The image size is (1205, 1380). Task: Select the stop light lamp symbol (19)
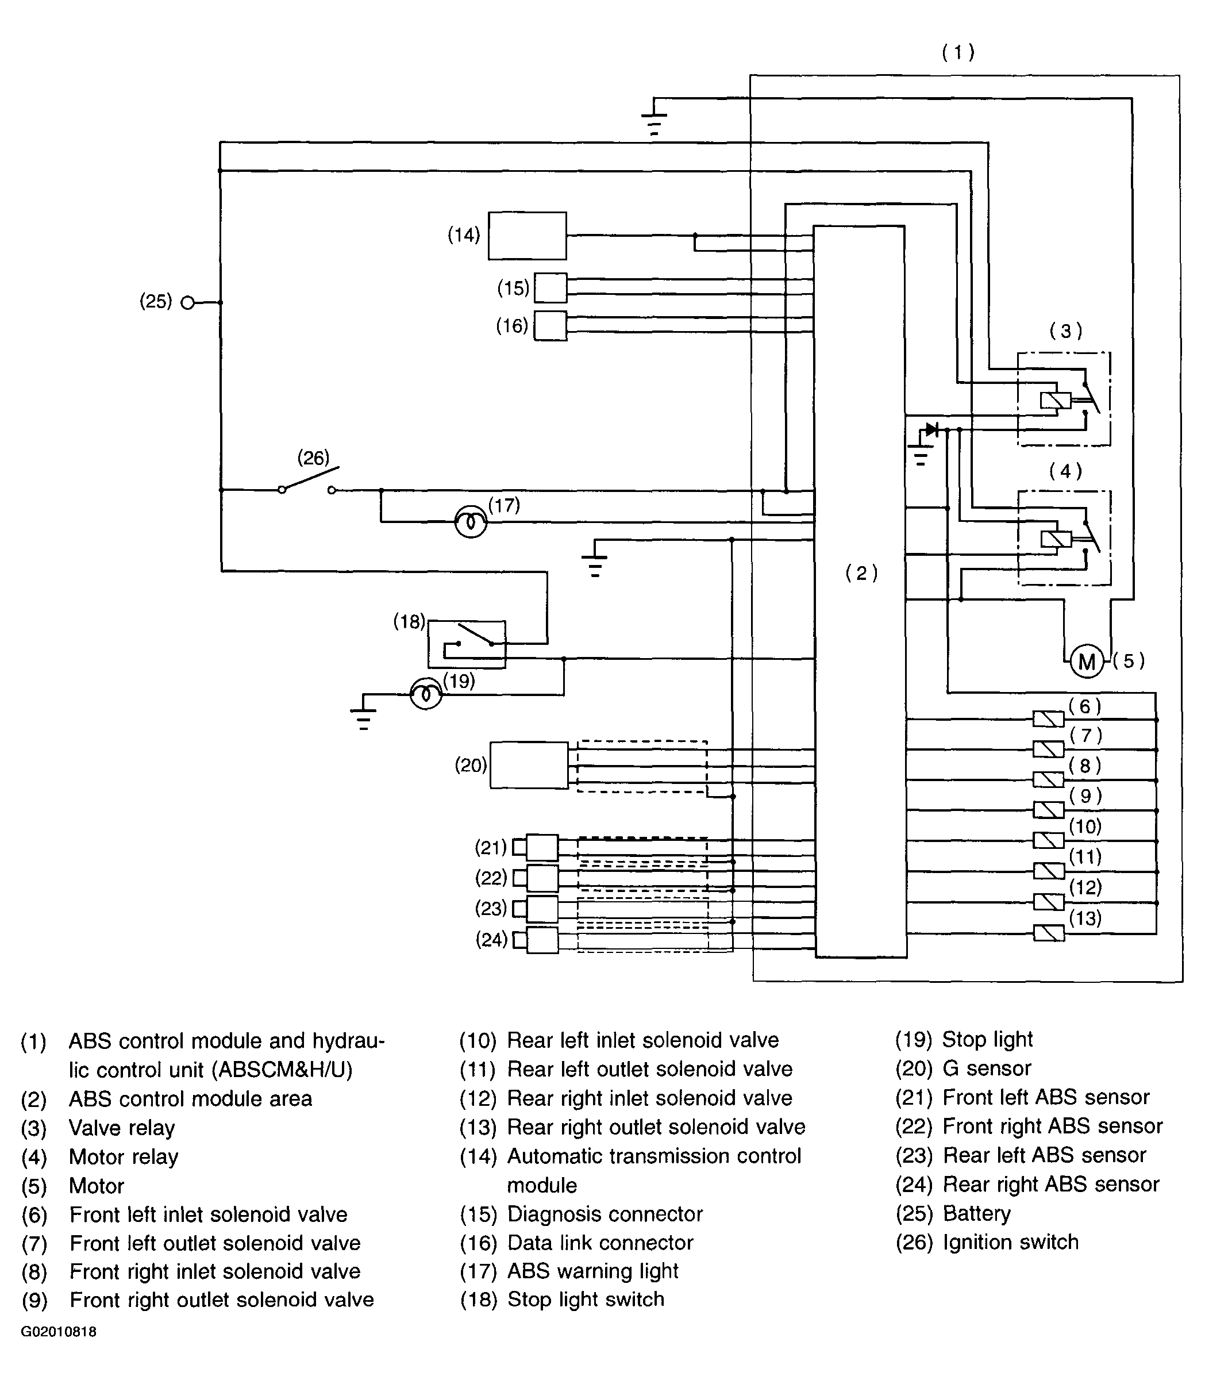pyautogui.click(x=426, y=693)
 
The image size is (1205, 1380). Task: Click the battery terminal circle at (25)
pyautogui.click(x=187, y=303)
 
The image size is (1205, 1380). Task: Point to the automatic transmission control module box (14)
pyautogui.click(x=527, y=236)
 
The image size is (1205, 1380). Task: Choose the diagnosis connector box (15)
pyautogui.click(x=550, y=288)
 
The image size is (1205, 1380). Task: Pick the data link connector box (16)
pyautogui.click(x=550, y=325)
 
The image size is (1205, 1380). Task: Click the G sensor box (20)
pyautogui.click(x=529, y=766)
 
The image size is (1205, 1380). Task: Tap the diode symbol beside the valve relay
pyautogui.click(x=931, y=429)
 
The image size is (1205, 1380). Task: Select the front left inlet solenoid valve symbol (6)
pyautogui.click(x=1048, y=719)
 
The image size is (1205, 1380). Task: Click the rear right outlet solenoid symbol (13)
pyautogui.click(x=1048, y=933)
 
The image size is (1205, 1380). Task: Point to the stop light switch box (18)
pyautogui.click(x=467, y=644)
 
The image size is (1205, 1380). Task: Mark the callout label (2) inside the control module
pyautogui.click(x=861, y=573)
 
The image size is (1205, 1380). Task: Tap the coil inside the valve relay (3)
pyautogui.click(x=1055, y=400)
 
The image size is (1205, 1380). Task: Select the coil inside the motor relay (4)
pyautogui.click(x=1055, y=539)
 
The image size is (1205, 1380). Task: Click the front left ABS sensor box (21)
pyautogui.click(x=542, y=847)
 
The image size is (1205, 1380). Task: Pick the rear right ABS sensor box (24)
pyautogui.click(x=542, y=940)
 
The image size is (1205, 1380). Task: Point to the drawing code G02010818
pyautogui.click(x=59, y=1332)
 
